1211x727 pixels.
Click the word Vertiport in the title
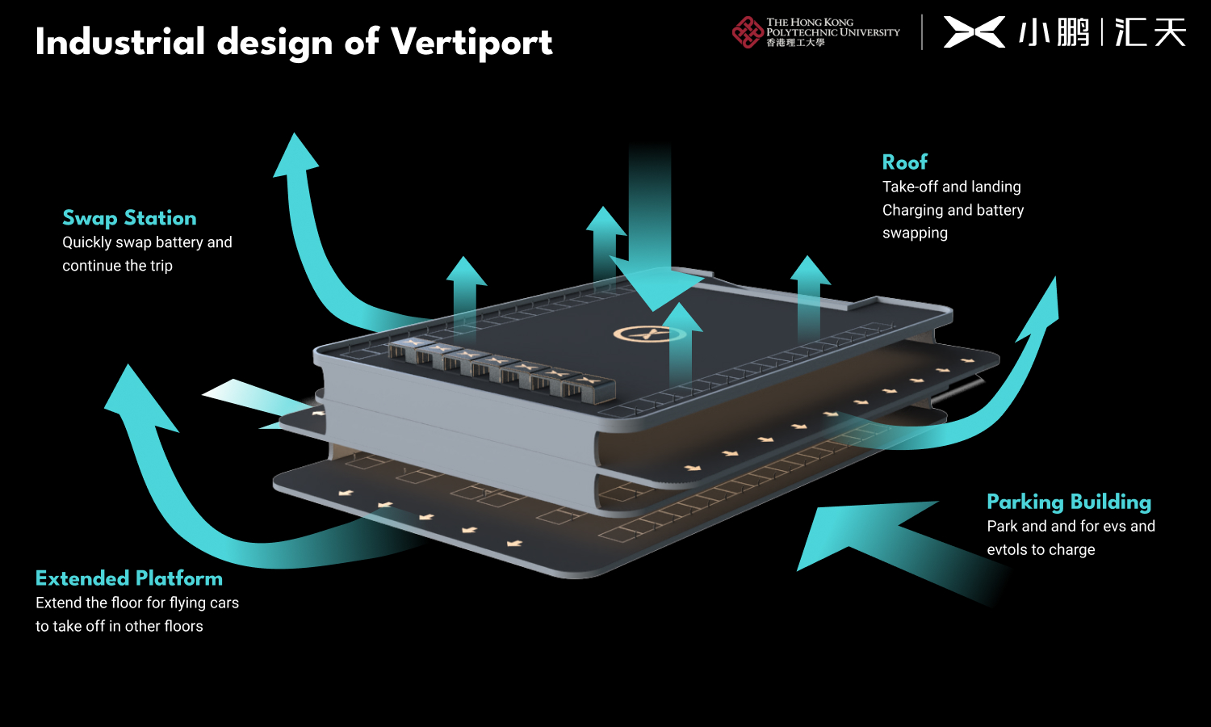pos(471,43)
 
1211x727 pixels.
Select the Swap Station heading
pos(129,218)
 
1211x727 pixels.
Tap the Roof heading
pos(904,162)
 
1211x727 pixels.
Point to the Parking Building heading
pos(1068,502)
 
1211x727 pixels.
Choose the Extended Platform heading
pos(129,578)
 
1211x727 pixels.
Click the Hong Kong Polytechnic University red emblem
pos(747,32)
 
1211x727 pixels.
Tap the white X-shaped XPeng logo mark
pos(974,32)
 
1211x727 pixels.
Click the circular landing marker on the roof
pos(649,333)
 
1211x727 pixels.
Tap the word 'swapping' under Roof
pos(915,233)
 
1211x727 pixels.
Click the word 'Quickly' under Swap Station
pos(87,242)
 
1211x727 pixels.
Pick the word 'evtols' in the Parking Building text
pos(1008,550)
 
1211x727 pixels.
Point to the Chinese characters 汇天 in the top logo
pos(1150,32)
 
